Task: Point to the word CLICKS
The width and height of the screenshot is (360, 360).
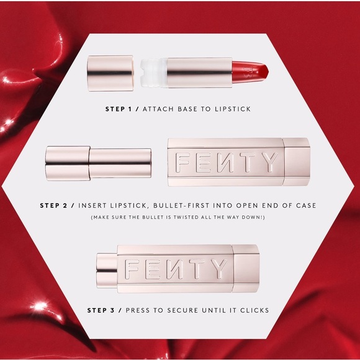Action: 254,308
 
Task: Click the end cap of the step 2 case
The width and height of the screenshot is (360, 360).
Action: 297,163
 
